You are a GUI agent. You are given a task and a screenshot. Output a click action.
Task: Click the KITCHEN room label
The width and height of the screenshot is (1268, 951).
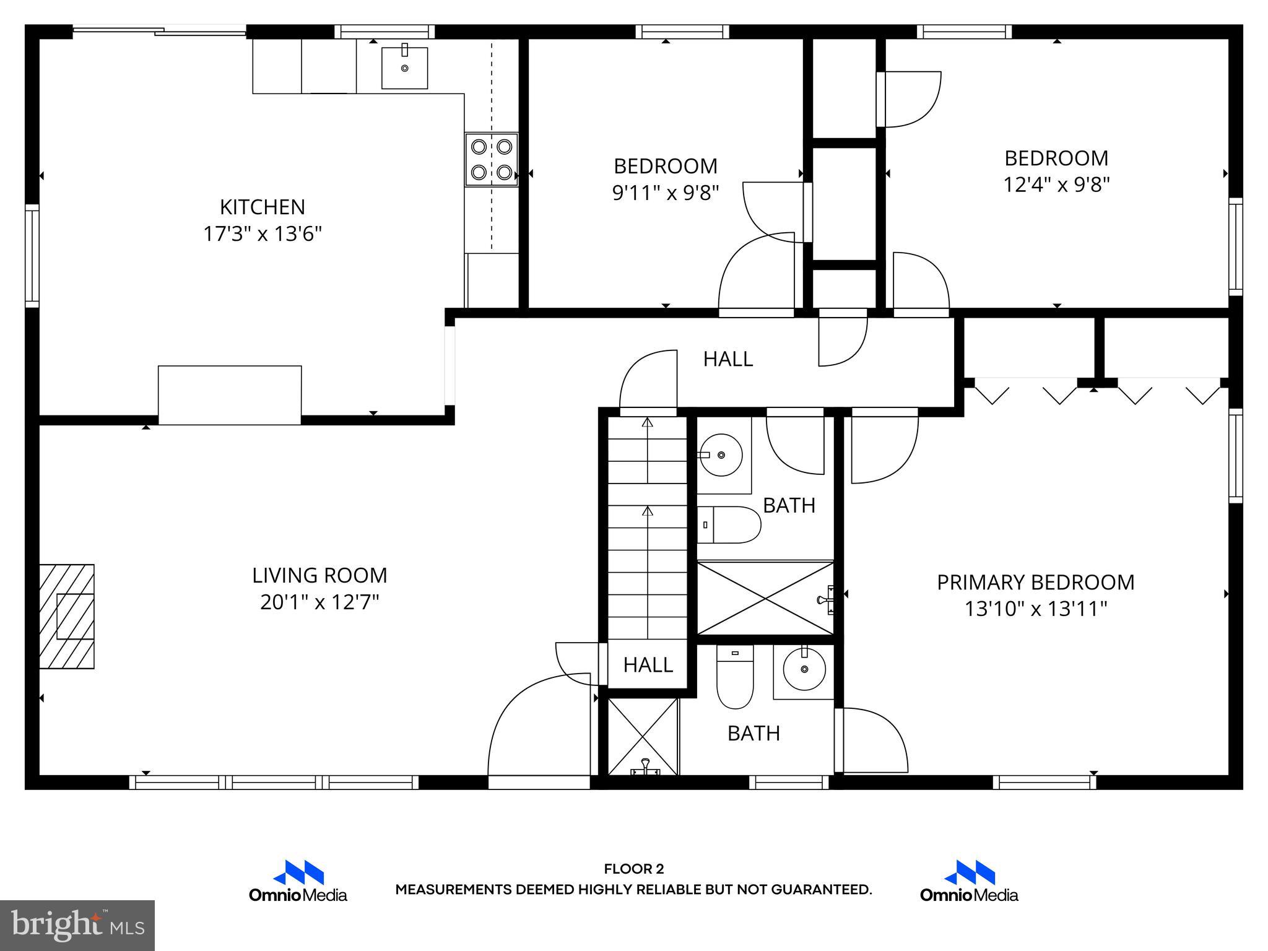pyautogui.click(x=263, y=207)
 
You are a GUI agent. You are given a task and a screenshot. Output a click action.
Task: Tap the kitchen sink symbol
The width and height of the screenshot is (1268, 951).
pyautogui.click(x=404, y=67)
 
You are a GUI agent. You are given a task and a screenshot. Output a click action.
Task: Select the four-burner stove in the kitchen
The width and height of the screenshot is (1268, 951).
pyautogui.click(x=492, y=159)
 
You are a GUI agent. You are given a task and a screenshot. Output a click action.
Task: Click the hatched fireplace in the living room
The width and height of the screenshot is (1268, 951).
pyautogui.click(x=67, y=616)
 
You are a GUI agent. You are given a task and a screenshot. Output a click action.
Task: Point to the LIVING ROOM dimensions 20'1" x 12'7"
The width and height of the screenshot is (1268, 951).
pyautogui.click(x=319, y=602)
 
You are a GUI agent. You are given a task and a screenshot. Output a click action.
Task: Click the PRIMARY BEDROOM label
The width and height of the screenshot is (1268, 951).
pyautogui.click(x=1035, y=583)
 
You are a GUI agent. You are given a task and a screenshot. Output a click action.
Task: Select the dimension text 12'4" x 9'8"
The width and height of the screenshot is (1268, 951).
pyautogui.click(x=1056, y=185)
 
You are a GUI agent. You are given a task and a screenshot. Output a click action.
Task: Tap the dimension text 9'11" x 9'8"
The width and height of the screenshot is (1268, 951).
pyautogui.click(x=666, y=193)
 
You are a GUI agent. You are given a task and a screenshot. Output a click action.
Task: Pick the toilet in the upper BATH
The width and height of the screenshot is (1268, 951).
pyautogui.click(x=729, y=524)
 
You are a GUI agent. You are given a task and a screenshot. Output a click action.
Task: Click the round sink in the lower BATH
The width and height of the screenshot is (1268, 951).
pyautogui.click(x=804, y=669)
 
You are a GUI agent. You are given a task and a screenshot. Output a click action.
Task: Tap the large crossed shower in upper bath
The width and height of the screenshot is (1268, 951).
pyautogui.click(x=765, y=598)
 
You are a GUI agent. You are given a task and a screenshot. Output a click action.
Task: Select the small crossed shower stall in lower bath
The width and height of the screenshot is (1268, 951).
pyautogui.click(x=643, y=736)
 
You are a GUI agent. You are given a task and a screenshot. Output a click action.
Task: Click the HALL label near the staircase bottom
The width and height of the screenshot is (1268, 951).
pyautogui.click(x=648, y=665)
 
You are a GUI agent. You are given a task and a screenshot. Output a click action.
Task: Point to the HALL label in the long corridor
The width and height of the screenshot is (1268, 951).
pyautogui.click(x=728, y=359)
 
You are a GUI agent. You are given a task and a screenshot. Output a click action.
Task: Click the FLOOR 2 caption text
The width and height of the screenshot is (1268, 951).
pyautogui.click(x=633, y=869)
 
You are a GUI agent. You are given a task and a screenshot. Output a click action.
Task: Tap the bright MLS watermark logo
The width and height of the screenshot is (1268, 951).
pyautogui.click(x=77, y=925)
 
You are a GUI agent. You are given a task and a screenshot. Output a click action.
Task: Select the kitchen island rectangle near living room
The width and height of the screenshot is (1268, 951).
pyautogui.click(x=230, y=395)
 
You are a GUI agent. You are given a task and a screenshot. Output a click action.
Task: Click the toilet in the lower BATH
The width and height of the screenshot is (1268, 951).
pyautogui.click(x=735, y=677)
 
